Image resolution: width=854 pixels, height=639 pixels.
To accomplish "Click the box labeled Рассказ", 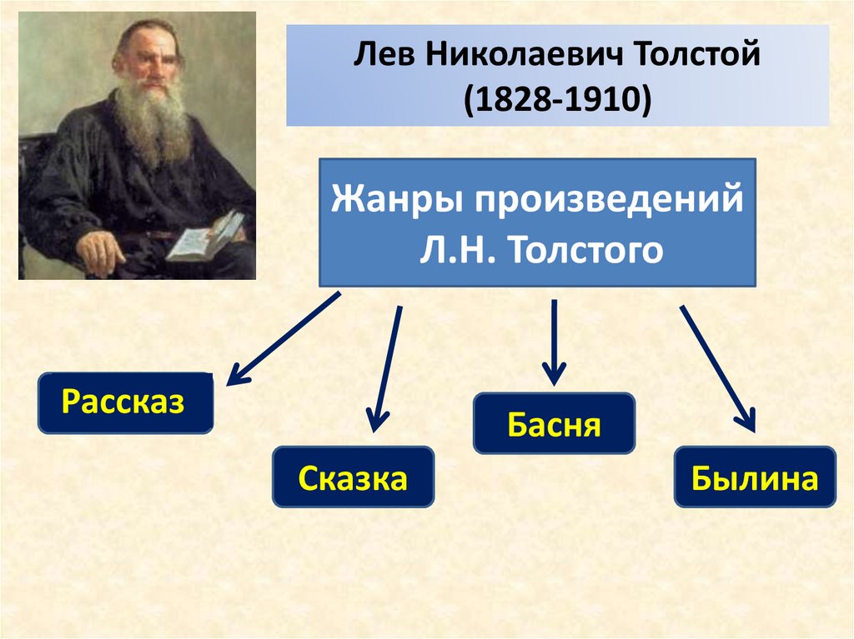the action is pos(125,403).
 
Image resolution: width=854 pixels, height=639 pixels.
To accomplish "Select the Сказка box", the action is pos(353,477).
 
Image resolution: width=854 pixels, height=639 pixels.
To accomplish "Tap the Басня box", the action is pos(554,424).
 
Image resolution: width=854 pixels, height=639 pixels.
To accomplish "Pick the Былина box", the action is pos(755,477).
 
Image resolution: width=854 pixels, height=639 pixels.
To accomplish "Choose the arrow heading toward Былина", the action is pos(717,367).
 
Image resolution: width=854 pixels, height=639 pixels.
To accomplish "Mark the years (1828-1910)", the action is pos(557,99).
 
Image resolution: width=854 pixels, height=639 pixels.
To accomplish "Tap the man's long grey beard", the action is pos(153,125).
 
